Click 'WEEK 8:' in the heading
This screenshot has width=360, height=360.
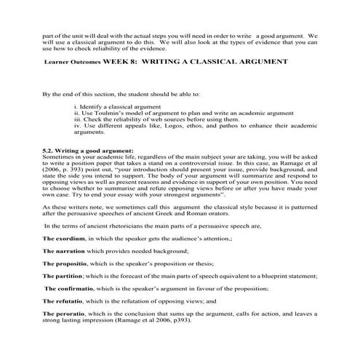[122, 63]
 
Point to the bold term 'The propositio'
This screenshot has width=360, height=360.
[65, 263]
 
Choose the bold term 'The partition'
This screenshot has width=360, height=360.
[63, 276]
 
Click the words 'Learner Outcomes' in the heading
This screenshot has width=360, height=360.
[73, 63]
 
